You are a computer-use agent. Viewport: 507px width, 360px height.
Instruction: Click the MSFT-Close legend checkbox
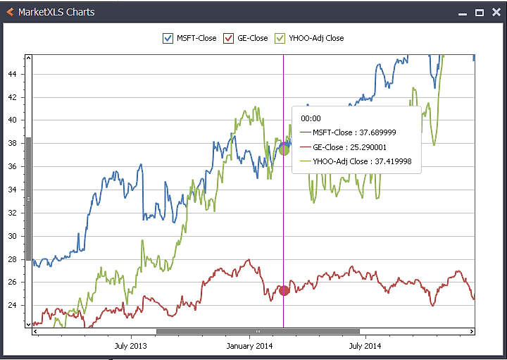(168, 38)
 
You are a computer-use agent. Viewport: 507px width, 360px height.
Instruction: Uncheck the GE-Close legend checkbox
(228, 38)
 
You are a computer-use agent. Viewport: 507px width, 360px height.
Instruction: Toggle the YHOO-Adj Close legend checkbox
(280, 38)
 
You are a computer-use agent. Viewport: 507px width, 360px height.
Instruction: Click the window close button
(495, 13)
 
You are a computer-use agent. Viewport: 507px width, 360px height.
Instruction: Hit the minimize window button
(463, 13)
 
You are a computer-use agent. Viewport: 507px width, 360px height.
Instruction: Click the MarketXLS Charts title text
(56, 12)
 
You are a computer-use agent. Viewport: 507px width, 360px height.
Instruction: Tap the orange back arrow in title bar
(10, 12)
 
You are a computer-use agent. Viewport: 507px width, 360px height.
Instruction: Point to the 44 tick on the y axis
(14, 74)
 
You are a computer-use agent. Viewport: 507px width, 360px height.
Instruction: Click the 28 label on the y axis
(14, 259)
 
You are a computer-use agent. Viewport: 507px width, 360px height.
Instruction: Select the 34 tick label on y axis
(14, 190)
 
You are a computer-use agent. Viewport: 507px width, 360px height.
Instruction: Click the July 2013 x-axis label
(130, 346)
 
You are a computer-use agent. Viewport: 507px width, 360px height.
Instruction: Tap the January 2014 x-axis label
(249, 346)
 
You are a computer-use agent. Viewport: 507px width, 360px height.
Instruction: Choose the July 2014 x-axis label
(365, 346)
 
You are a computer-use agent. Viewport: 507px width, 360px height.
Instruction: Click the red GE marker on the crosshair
(284, 290)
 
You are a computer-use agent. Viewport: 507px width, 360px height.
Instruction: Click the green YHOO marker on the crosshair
(284, 149)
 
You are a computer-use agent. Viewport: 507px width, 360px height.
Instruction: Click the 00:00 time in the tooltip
(311, 119)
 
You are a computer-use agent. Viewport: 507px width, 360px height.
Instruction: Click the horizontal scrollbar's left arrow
(35, 331)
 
